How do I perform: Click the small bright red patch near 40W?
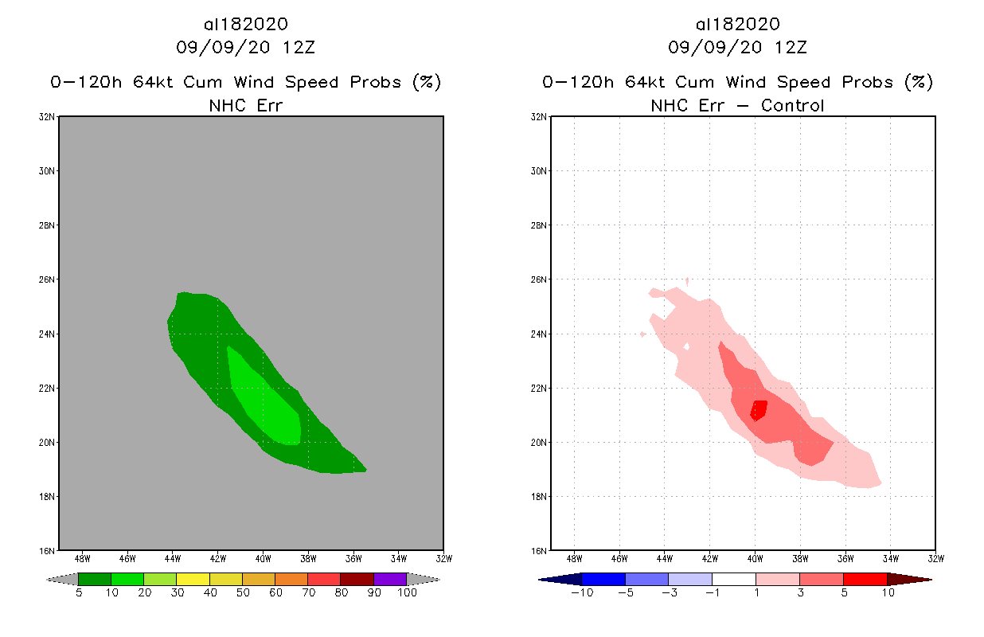[759, 409]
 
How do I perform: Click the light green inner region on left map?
[271, 406]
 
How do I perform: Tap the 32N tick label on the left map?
[49, 117]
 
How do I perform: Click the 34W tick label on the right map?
[891, 558]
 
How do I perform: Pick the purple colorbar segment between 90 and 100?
[390, 579]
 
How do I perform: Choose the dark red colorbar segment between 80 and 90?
[357, 579]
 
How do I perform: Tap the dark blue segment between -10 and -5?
[603, 579]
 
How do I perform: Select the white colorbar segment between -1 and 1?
[734, 579]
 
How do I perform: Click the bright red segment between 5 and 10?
[865, 579]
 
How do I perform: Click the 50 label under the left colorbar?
[242, 592]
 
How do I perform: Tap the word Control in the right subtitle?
[793, 105]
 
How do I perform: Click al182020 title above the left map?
[246, 25]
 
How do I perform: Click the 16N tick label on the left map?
[49, 550]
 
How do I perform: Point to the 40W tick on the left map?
[264, 558]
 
